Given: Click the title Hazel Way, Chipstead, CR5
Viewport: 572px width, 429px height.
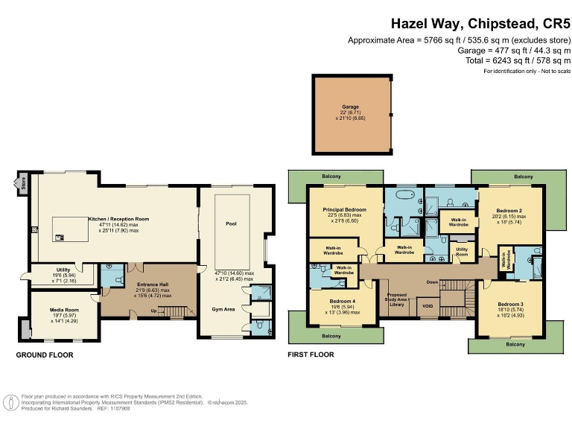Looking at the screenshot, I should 480,24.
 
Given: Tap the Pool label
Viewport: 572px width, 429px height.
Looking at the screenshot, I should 231,223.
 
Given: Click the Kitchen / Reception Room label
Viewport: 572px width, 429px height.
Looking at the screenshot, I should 119,219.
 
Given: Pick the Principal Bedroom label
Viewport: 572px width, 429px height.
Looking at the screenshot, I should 344,211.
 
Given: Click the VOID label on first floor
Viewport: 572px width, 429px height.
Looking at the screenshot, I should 428,305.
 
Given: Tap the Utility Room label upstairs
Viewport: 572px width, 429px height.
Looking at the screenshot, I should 462,250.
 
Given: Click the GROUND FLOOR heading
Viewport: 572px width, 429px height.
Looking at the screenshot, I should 45,355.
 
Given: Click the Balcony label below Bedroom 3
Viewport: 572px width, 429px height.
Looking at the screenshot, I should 514,345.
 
